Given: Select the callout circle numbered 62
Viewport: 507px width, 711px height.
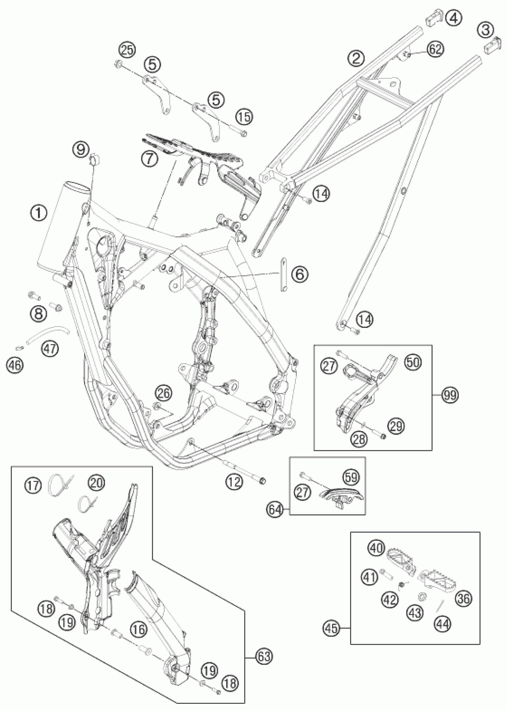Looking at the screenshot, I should (436, 49).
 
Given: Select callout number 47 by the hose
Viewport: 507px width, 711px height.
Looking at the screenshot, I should (50, 348).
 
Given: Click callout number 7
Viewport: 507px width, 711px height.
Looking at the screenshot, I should (149, 159).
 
